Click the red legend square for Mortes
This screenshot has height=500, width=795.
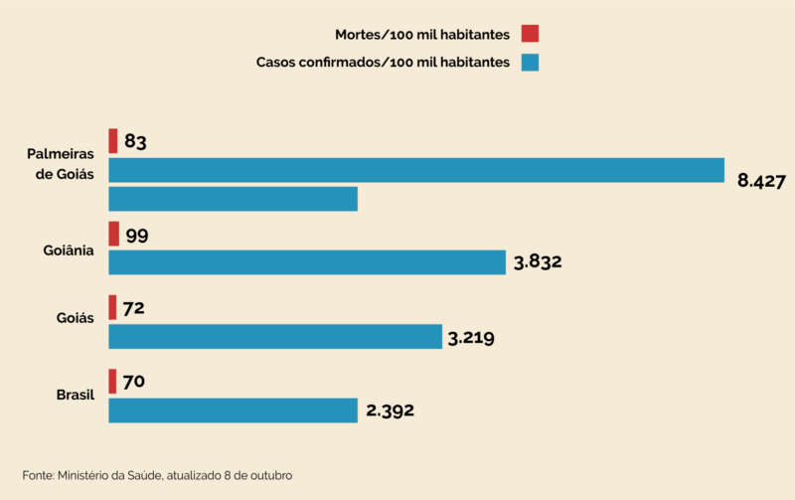(x=530, y=35)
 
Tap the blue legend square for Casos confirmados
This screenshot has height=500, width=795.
(x=530, y=63)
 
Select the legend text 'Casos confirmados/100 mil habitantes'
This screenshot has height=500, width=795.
(x=383, y=63)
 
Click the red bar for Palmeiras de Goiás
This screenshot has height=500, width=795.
(x=113, y=141)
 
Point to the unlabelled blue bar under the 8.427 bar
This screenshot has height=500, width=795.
(x=233, y=199)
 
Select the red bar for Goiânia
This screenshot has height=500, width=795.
(x=113, y=234)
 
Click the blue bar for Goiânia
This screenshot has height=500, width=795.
(x=307, y=262)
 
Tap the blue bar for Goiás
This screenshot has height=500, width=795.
(x=274, y=336)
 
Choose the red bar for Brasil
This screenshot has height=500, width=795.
(x=112, y=381)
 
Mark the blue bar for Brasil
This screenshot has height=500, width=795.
(x=233, y=410)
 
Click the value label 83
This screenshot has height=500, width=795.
(x=136, y=142)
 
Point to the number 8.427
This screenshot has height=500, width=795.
(x=761, y=181)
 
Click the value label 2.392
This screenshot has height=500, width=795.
(x=389, y=411)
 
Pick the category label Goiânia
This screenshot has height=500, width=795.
(x=69, y=250)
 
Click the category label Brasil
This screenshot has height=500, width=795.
(x=75, y=395)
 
